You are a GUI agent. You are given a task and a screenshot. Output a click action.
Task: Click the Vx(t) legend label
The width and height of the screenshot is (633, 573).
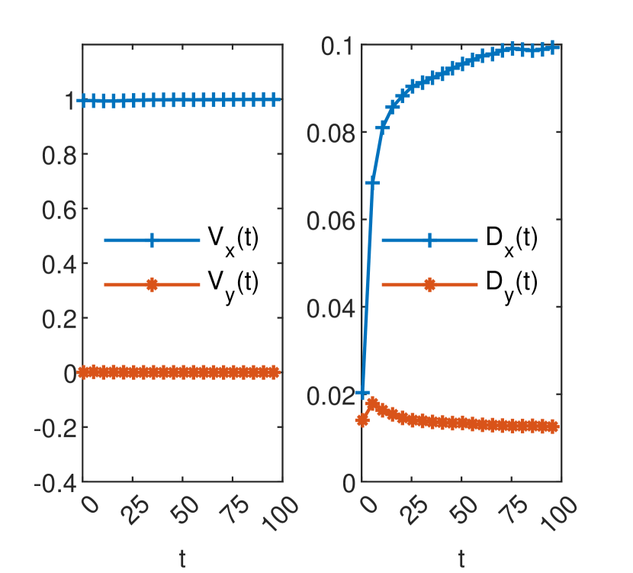[x=233, y=240]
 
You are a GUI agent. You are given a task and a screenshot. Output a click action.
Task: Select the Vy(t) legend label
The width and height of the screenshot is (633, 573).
[x=233, y=284]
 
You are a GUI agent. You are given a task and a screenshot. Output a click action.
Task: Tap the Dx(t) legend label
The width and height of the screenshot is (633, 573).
[x=512, y=240]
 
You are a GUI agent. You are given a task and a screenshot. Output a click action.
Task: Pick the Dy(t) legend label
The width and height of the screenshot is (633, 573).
[x=512, y=284]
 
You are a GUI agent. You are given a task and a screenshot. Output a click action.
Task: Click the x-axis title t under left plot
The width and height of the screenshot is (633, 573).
[x=183, y=559]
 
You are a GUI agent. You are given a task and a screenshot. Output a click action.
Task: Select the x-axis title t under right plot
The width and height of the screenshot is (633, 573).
[x=461, y=559]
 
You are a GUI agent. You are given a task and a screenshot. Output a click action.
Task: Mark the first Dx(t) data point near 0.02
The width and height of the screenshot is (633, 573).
[x=362, y=393]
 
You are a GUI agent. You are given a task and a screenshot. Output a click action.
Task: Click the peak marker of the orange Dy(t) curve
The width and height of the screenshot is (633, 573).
[x=372, y=403]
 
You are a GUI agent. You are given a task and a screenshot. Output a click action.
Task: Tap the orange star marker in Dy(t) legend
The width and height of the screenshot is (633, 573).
[x=429, y=285]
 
